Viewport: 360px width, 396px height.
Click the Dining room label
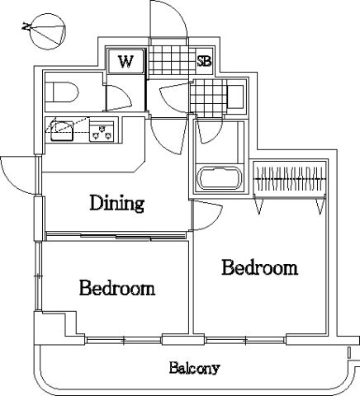tap(117, 204)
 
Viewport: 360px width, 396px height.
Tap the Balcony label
tap(195, 368)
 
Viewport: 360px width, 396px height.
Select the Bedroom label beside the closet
tap(259, 267)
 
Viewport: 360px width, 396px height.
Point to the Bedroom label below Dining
tap(117, 288)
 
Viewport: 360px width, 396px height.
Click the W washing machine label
tap(126, 62)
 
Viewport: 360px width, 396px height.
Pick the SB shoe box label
tap(204, 62)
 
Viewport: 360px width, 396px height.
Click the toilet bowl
tap(65, 92)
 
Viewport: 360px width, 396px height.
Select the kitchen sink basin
tap(62, 131)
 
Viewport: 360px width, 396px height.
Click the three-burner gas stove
tap(102, 131)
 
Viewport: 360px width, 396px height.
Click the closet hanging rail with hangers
tap(290, 179)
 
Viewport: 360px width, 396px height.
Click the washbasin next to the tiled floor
tap(236, 97)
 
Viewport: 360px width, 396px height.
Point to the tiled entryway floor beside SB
tap(172, 60)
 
